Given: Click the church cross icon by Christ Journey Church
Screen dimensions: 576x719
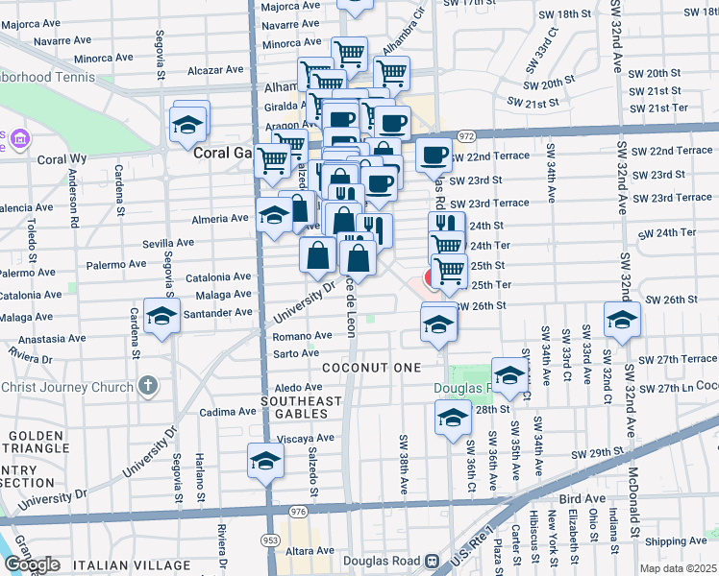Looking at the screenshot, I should [146, 387].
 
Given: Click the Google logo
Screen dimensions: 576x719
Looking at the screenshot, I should [31, 564].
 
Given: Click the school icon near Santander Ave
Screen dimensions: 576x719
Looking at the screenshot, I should [161, 316].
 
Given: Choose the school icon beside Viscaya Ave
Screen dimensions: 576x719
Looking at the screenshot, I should [265, 462].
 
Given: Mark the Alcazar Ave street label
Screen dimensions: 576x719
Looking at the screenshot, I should [216, 69].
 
